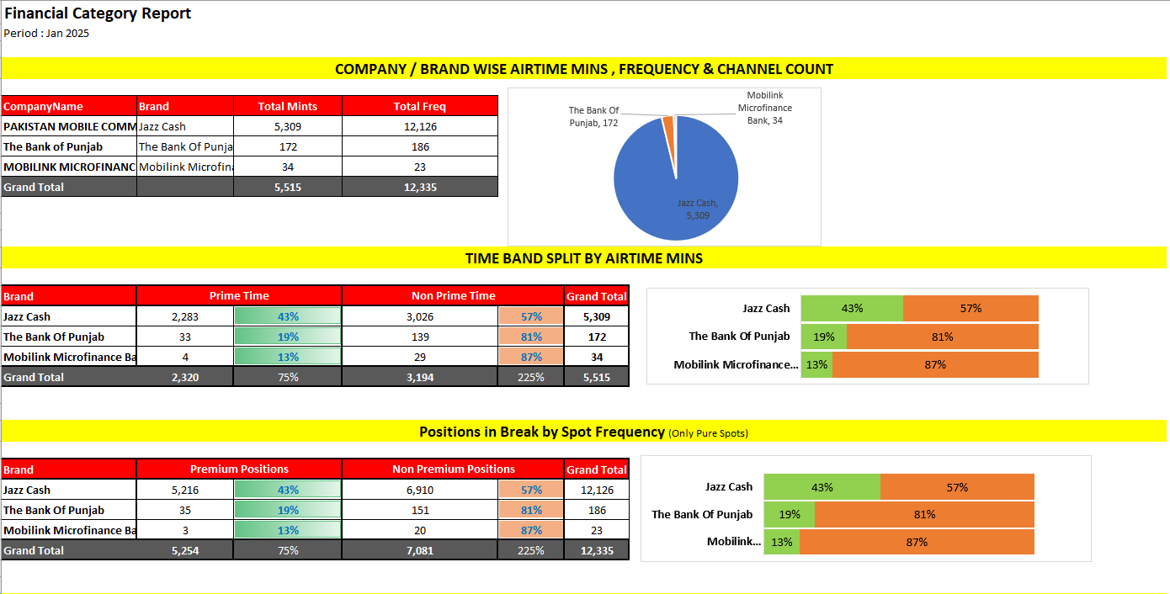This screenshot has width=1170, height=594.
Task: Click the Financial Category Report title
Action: pyautogui.click(x=98, y=13)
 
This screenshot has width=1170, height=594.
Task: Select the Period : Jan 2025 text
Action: pyautogui.click(x=46, y=34)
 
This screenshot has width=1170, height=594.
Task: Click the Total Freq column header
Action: pyautogui.click(x=419, y=106)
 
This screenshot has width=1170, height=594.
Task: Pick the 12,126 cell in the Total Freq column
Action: pyautogui.click(x=419, y=126)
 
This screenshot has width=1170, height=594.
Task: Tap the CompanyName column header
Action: pyautogui.click(x=44, y=106)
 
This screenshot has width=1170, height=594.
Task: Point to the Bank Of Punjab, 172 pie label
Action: pyautogui.click(x=593, y=117)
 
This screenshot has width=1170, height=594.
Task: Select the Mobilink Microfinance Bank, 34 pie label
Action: pyautogui.click(x=764, y=108)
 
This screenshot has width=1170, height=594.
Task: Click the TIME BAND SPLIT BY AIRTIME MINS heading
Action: pyautogui.click(x=584, y=258)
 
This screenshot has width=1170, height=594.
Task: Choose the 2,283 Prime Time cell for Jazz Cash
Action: pyautogui.click(x=185, y=316)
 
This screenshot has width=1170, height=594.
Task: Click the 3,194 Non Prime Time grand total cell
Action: pyautogui.click(x=420, y=377)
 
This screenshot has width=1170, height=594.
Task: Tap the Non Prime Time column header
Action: pyautogui.click(x=453, y=296)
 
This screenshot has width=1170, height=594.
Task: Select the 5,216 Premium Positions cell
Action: pyautogui.click(x=185, y=490)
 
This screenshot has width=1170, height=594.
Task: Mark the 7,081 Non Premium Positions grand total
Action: pyautogui.click(x=420, y=550)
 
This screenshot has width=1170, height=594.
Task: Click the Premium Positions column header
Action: pyautogui.click(x=239, y=469)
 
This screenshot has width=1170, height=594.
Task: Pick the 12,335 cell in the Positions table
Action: pyautogui.click(x=596, y=550)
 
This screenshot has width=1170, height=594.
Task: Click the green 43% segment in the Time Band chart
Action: pyautogui.click(x=851, y=309)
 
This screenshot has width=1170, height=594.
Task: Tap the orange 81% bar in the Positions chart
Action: pyautogui.click(x=923, y=515)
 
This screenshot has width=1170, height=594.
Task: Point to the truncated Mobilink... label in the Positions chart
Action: pyautogui.click(x=733, y=542)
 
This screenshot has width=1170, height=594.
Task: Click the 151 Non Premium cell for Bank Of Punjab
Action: pyautogui.click(x=420, y=510)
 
